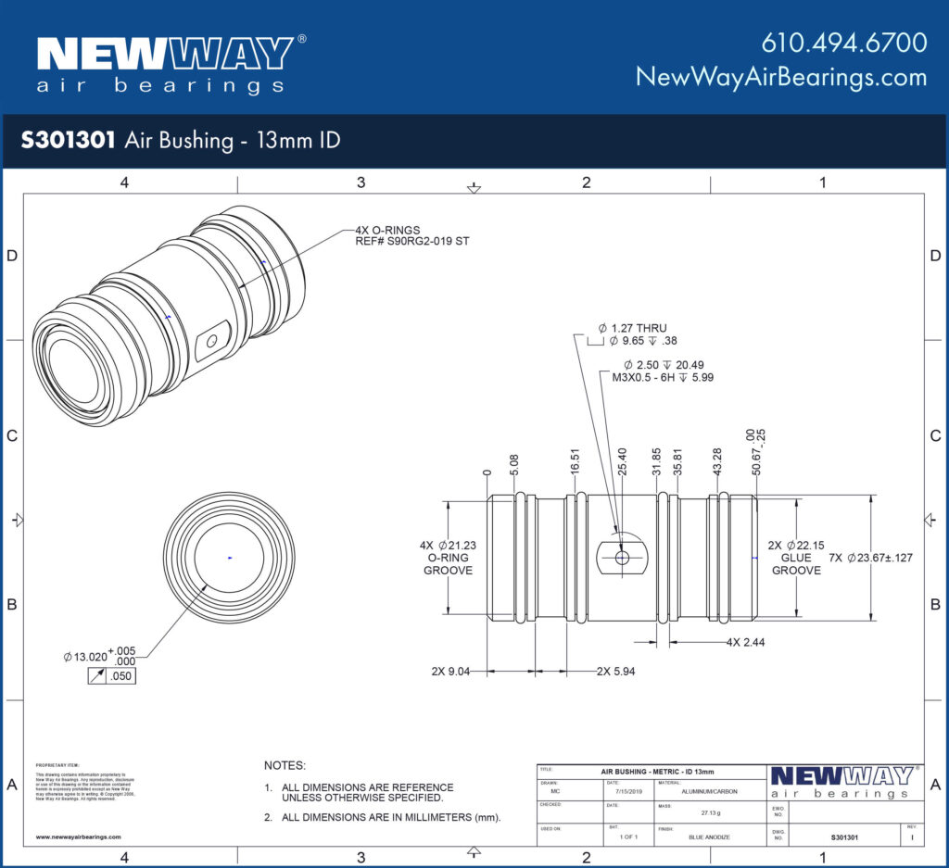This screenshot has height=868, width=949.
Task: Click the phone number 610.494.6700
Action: [x=844, y=43]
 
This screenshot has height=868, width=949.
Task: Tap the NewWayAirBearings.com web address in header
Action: [x=781, y=77]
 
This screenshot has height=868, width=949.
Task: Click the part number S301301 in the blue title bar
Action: [x=68, y=141]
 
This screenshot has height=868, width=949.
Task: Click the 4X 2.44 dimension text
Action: [x=745, y=641]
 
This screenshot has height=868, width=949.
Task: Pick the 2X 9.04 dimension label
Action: [x=450, y=670]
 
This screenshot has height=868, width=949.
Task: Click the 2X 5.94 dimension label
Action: [x=615, y=670]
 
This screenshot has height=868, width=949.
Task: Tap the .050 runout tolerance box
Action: [x=120, y=677]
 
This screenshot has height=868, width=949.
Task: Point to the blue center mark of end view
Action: [x=230, y=558]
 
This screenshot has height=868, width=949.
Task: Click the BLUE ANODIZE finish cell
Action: [x=709, y=837]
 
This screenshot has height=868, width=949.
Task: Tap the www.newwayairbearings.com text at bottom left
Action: [x=78, y=837]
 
